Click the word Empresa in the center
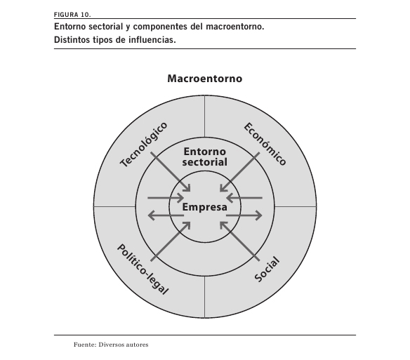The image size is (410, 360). (205, 207)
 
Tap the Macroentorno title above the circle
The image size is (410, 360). (205, 79)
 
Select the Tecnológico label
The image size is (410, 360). (143, 145)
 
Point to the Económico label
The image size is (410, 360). (265, 144)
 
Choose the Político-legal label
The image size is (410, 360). (143, 269)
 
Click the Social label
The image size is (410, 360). (267, 269)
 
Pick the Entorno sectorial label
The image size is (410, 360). (205, 156)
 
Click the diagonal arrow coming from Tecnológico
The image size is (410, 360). (171, 172)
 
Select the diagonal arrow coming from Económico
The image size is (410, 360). (239, 172)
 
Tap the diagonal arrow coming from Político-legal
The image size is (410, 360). (171, 241)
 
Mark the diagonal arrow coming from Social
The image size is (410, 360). (240, 241)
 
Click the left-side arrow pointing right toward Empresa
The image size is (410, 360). (166, 198)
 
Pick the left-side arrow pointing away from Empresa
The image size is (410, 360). (166, 215)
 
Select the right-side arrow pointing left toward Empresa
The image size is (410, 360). (244, 198)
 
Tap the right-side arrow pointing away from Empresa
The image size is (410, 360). (244, 215)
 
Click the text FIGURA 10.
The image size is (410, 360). (72, 15)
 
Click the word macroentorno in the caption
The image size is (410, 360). (235, 27)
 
